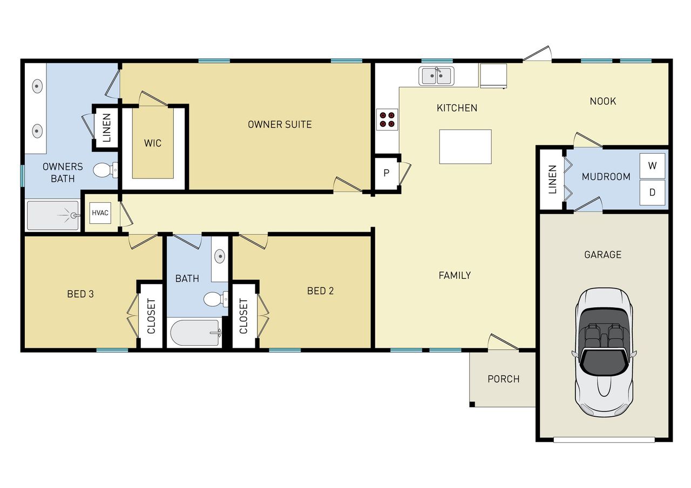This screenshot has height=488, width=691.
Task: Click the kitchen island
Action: click(465, 146)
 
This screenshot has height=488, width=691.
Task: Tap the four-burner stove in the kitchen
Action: click(387, 119)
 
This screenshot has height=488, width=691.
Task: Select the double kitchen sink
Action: click(437, 76)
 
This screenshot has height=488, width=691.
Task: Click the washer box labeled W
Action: click(652, 166)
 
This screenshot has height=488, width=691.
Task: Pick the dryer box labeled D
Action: click(652, 193)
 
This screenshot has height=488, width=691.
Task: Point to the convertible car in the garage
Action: click(603, 350)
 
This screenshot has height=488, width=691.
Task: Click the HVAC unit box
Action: click(100, 213)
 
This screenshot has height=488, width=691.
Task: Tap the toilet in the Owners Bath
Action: click(104, 171)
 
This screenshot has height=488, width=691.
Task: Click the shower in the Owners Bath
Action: click(53, 216)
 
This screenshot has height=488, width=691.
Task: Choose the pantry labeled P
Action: click(386, 173)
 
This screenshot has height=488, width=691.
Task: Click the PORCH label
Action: click(503, 379)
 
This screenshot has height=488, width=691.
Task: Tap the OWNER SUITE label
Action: click(280, 125)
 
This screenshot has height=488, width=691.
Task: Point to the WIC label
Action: click(152, 143)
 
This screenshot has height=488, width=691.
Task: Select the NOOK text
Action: click(602, 101)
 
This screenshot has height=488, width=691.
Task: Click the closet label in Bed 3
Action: click(151, 315)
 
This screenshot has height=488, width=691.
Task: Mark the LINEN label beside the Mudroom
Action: click(552, 180)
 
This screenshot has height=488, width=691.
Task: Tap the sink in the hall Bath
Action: click(220, 257)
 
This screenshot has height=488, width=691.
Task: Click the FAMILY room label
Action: click(455, 276)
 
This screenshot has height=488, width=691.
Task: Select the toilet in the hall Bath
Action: click(215, 299)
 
